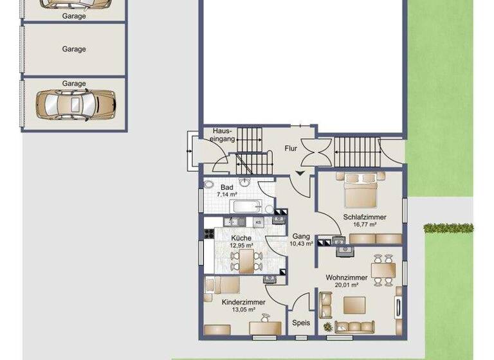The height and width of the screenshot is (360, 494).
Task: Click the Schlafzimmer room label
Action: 365,217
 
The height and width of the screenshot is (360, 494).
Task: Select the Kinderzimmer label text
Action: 242,301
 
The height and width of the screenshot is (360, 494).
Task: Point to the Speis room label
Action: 300,323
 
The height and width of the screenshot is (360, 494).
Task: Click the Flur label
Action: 291,148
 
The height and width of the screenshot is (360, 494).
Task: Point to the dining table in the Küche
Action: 246,260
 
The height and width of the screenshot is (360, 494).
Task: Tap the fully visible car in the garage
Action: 75,103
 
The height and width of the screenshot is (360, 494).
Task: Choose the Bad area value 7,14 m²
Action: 227,194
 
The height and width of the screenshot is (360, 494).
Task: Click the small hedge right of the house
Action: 448,228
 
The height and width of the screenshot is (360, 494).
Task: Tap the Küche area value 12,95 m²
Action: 242,246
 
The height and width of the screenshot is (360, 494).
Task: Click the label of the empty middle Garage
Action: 74,49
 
